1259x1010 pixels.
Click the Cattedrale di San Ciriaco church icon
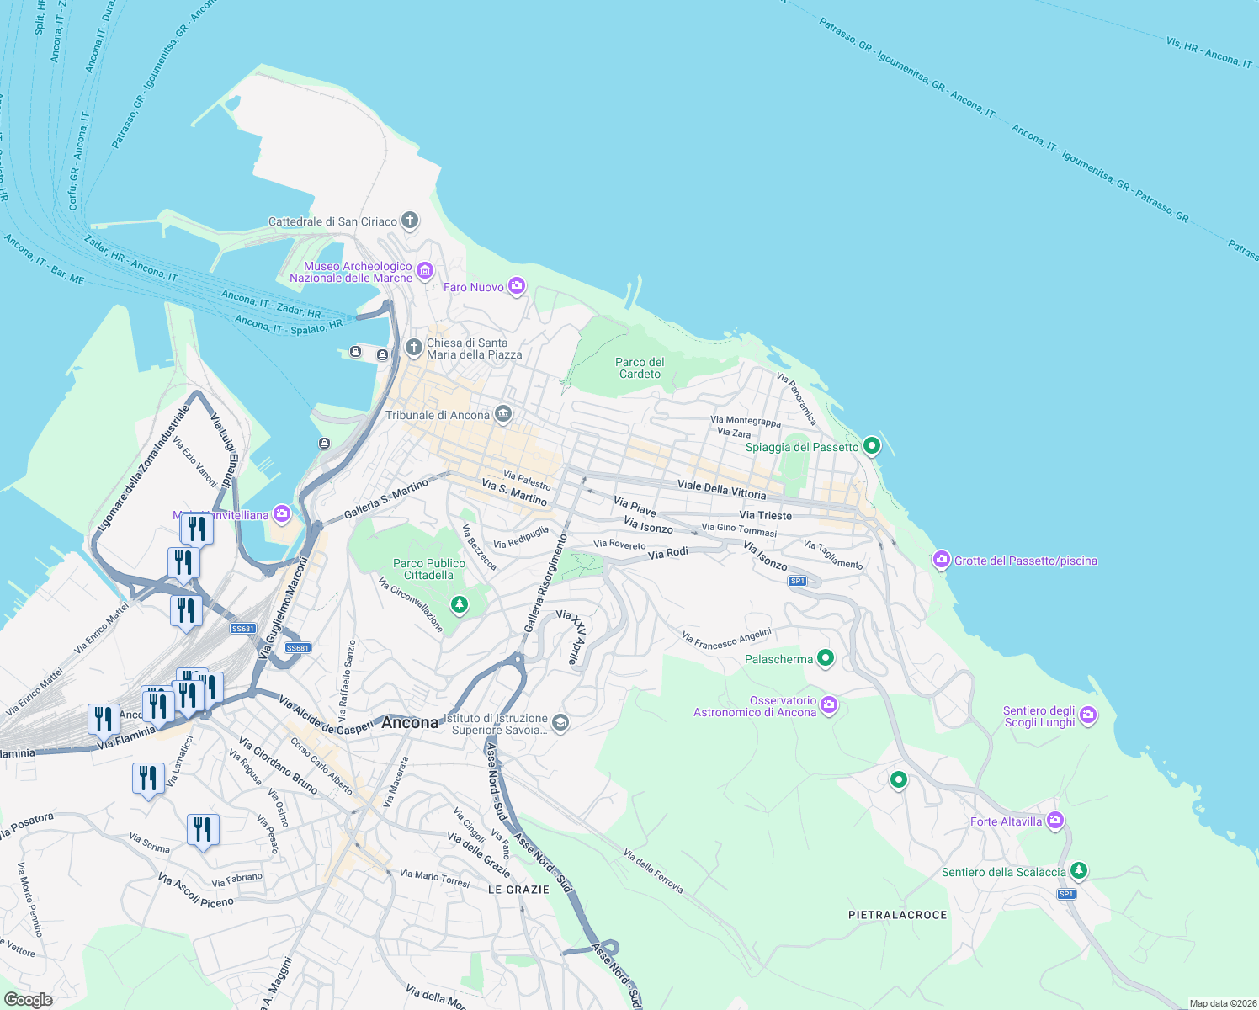410,221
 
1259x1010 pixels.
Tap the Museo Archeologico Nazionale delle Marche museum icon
425,271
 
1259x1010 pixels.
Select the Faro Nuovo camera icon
517,286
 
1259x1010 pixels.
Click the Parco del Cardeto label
640,368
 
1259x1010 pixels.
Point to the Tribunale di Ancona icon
503,414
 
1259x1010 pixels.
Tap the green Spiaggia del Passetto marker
872,445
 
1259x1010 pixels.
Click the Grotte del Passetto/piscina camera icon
942,560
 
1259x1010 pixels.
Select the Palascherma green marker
826,658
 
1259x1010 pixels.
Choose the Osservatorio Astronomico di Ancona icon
829,705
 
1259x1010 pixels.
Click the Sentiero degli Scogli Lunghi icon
1088,715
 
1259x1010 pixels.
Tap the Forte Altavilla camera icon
1055,821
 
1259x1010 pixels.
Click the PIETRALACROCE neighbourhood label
897,915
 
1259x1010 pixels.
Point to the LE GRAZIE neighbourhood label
518,890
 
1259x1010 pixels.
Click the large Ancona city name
410,722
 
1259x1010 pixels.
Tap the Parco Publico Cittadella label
428,569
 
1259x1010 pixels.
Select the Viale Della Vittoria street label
721,490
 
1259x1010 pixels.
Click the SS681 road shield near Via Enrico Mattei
242,629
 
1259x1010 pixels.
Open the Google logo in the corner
28,1000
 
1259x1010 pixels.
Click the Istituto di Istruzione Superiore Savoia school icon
560,723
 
